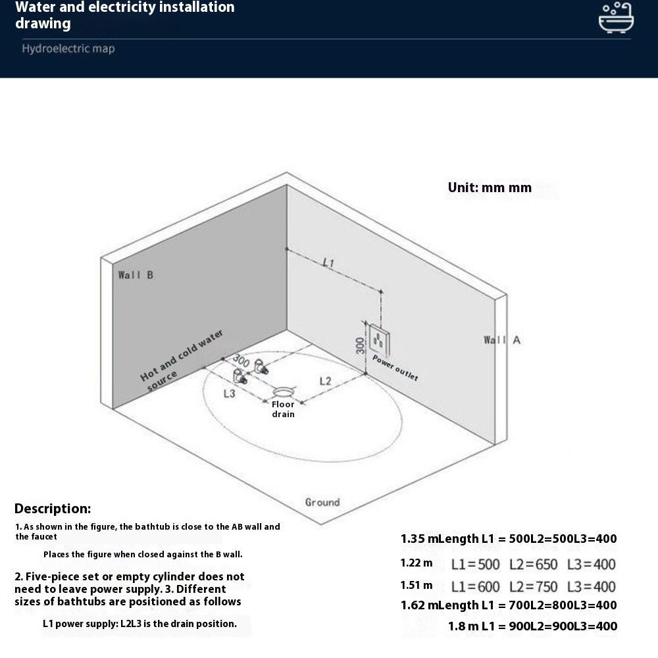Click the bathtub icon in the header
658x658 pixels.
coord(616,18)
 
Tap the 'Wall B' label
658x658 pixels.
coord(136,275)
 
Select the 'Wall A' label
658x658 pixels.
coord(502,340)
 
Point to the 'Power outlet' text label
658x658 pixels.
coord(395,367)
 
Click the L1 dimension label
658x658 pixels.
coord(328,263)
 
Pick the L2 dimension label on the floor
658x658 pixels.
coord(326,380)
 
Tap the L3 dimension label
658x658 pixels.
coord(229,393)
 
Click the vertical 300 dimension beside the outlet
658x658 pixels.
coord(361,345)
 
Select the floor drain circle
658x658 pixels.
coord(284,392)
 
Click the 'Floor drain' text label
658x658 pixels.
coord(283,409)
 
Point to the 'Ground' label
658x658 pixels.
coord(322,502)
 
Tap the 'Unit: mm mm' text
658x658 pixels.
coord(490,188)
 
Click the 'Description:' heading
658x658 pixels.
coord(53,509)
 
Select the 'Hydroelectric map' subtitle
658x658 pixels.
coord(68,49)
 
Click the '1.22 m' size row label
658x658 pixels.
coord(417,563)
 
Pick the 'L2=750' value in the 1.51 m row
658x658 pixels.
coord(533,586)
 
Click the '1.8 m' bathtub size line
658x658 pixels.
coord(532,626)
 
